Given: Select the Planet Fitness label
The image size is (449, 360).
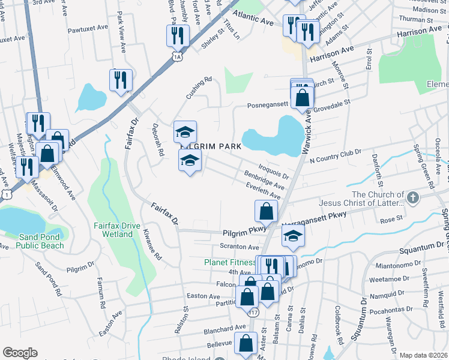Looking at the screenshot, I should pos(229,262).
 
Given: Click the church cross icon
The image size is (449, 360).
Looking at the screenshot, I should pos(412,197).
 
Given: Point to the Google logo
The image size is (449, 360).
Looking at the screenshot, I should pos(20,353).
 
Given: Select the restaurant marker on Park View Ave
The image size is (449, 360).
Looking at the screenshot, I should pos(121,79).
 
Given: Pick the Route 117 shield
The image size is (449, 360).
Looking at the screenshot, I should pos(253,312).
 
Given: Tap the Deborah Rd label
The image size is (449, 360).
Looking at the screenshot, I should pos(158,141).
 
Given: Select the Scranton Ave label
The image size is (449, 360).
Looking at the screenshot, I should pos(239,247).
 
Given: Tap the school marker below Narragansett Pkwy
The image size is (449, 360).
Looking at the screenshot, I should pos(293,236).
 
